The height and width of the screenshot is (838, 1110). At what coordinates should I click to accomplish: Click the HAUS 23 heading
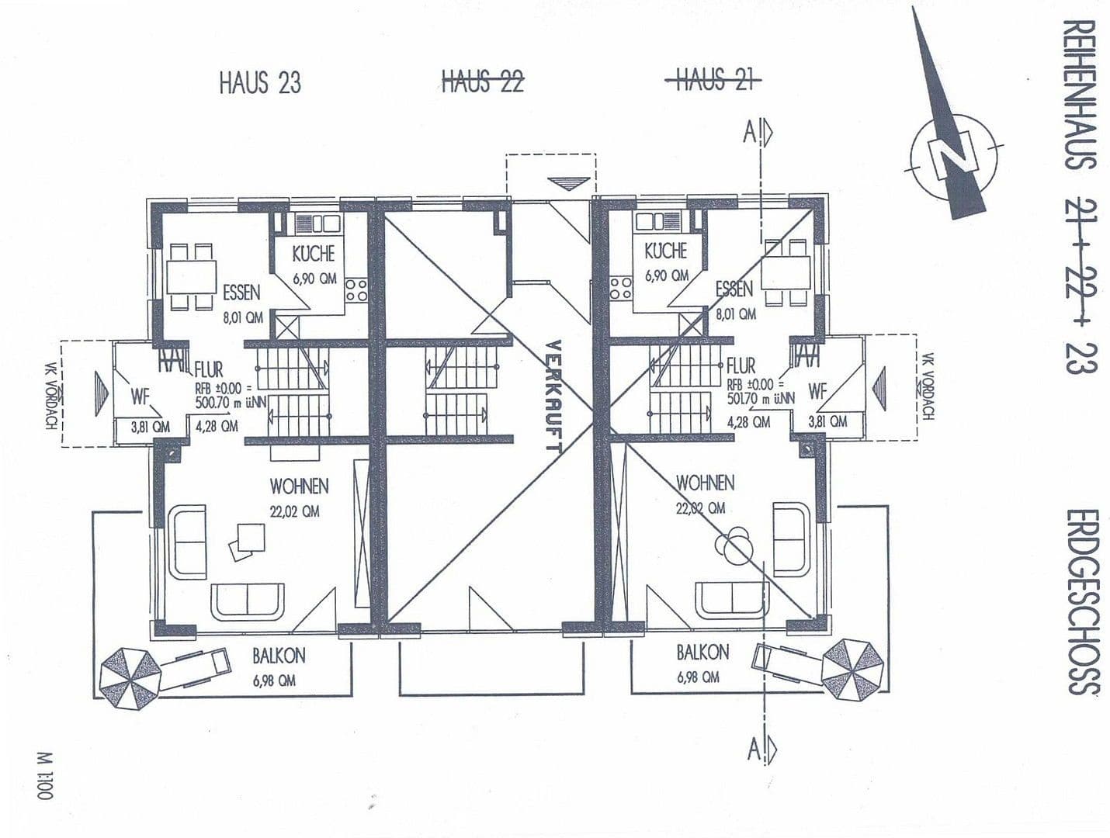click(x=259, y=81)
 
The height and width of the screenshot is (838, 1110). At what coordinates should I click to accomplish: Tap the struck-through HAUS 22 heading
click(x=482, y=80)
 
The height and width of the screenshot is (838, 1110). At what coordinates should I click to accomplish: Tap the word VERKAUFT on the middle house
click(x=553, y=396)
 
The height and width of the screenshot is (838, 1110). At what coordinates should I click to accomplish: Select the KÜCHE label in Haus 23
click(x=314, y=254)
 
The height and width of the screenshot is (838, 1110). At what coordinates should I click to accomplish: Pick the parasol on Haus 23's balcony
click(x=130, y=677)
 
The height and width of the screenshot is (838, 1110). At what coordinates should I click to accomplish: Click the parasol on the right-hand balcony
click(x=853, y=667)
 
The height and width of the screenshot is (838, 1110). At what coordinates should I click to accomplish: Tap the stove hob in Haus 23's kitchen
click(x=356, y=291)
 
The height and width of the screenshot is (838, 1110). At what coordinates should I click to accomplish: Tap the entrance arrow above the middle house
click(x=567, y=183)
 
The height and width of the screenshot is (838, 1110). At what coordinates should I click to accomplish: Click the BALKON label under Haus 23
click(x=278, y=656)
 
